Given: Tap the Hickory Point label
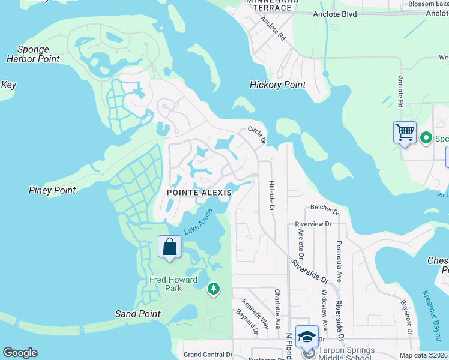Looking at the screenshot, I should coord(277,85).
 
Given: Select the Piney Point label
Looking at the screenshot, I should coord(52,190).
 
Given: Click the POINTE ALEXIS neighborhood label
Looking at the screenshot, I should coord(199,192).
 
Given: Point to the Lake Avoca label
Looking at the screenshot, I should coord(198,221).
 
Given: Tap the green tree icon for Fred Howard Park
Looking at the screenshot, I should coord(213,290).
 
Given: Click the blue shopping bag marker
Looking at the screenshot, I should coord(170,247).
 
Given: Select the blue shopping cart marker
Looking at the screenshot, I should coord(405,131).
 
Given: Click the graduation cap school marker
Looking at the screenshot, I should coord(307,337).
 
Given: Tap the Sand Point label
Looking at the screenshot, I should coord(138,314).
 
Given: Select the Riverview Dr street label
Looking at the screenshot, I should coord(313,223).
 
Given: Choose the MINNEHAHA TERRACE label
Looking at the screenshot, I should coord(269,4).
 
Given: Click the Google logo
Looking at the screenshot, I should coord(20,353).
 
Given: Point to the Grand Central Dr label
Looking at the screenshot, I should coord(208,355).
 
